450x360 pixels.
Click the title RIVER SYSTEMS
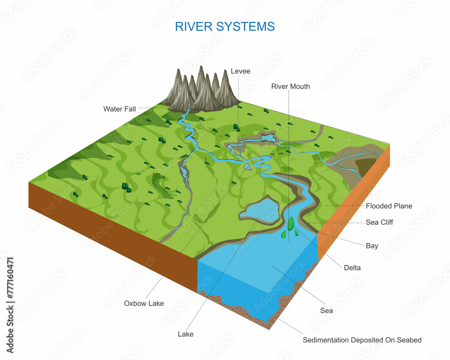pos(225,27)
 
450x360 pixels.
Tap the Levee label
pos(240,71)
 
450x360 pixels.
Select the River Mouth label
pos(290,86)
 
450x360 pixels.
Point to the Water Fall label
pos(119,109)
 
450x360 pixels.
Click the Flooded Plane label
pos(389,206)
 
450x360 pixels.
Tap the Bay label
pos(372,246)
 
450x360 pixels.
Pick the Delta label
pos(352,268)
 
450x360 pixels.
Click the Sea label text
pos(326,310)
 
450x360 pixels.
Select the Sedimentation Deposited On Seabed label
pos(362,340)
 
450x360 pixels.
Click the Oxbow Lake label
pos(144,303)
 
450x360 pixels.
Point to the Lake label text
pos(185,334)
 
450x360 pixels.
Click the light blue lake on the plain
pos(261,209)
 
